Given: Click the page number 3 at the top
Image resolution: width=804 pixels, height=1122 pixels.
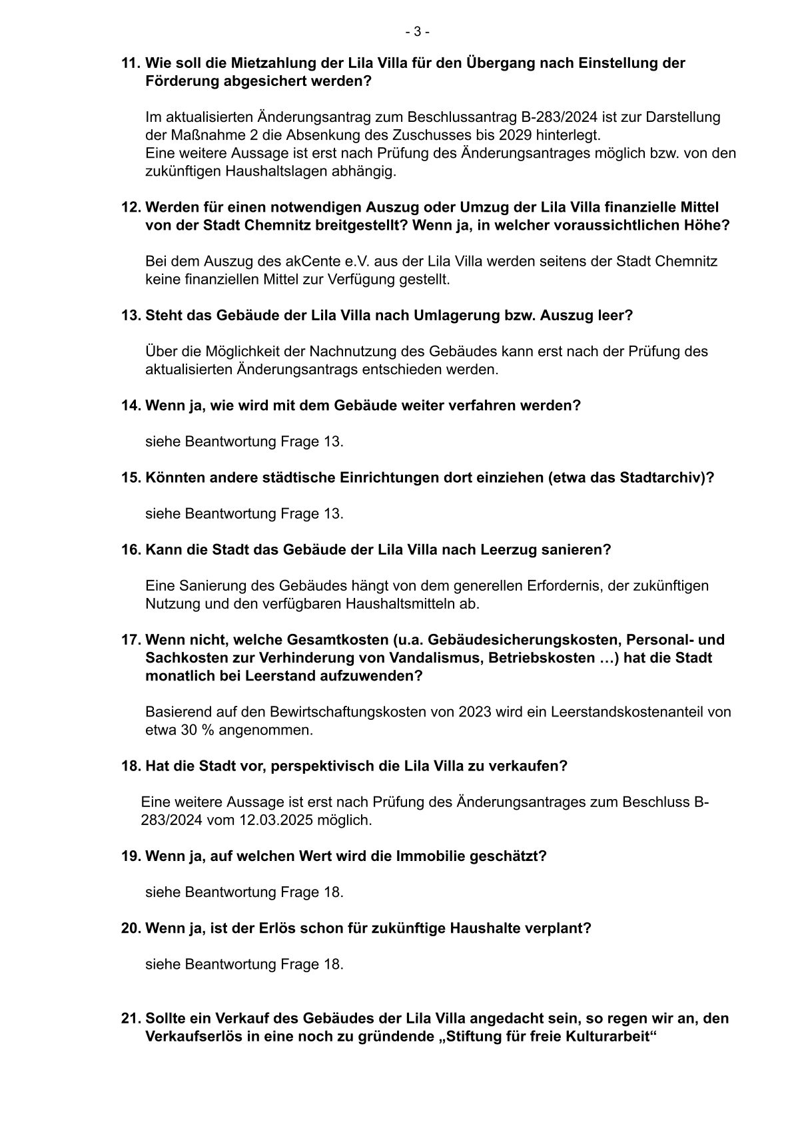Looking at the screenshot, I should point(417,31).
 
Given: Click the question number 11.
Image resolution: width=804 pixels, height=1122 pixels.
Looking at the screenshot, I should point(130,63).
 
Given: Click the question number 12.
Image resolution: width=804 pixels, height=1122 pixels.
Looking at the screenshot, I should point(130,207).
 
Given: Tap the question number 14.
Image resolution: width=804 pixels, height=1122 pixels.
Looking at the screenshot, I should point(130,405).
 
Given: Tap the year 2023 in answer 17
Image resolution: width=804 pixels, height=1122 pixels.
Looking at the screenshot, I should point(472,712).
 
